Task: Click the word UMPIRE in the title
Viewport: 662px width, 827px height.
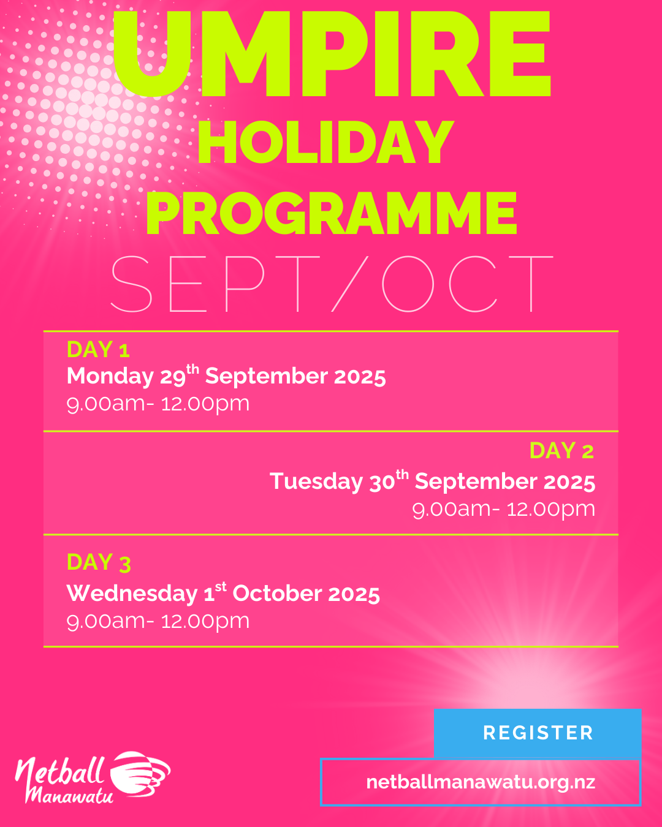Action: pyautogui.click(x=331, y=54)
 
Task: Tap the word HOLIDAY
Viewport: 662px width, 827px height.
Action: pyautogui.click(x=326, y=142)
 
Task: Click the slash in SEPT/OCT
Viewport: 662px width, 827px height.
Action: pyautogui.click(x=349, y=284)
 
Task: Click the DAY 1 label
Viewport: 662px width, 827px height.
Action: pyautogui.click(x=98, y=349)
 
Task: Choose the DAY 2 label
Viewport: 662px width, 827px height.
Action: pyautogui.click(x=561, y=450)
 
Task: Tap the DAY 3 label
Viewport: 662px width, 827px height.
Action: pyautogui.click(x=99, y=563)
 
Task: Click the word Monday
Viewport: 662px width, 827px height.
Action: pyautogui.click(x=110, y=376)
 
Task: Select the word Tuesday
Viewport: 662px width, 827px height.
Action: pyautogui.click(x=316, y=481)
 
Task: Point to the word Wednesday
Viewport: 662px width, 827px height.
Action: pyautogui.click(x=132, y=594)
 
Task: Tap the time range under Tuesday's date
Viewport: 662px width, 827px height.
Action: pyautogui.click(x=503, y=509)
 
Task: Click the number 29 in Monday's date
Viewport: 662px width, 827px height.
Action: pyautogui.click(x=173, y=377)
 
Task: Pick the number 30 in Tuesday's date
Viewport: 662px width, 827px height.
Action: pyautogui.click(x=382, y=482)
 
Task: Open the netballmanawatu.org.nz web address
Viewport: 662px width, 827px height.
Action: pyautogui.click(x=481, y=782)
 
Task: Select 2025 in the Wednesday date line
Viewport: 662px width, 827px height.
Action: pyautogui.click(x=354, y=594)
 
